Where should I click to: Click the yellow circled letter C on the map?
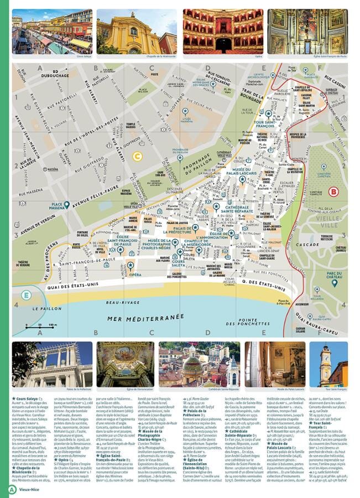click(137, 156)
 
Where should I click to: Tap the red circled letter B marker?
click(333, 192)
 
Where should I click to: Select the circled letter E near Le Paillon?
click(25, 295)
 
